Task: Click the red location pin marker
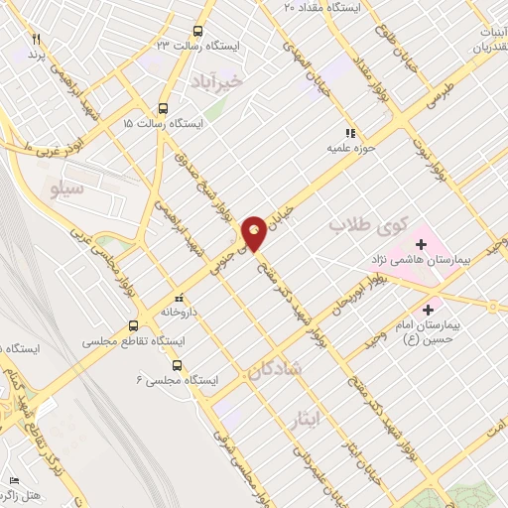click(x=255, y=232)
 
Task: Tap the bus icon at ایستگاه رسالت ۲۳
click(x=197, y=32)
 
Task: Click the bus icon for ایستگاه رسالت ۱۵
click(x=163, y=109)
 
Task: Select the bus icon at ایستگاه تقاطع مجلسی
click(x=134, y=325)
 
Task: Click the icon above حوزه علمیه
click(x=349, y=133)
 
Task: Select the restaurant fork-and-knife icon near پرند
click(x=37, y=38)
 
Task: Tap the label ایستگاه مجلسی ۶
click(x=173, y=379)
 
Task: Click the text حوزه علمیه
click(x=341, y=148)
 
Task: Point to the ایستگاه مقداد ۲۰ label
click(x=323, y=6)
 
